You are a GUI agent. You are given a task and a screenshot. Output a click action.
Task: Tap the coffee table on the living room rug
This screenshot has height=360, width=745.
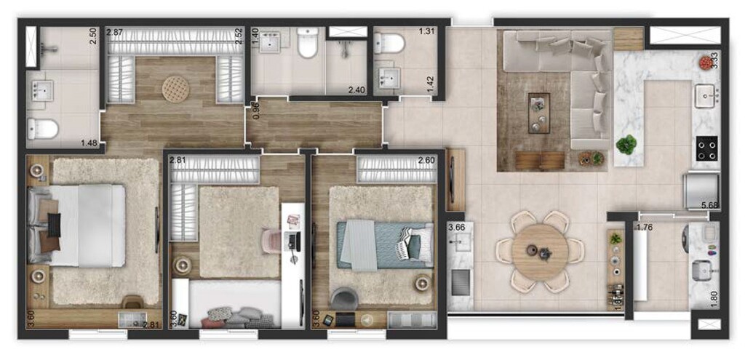tap(539, 113)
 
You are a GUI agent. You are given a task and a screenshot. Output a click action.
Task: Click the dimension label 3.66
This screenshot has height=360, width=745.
tap(456, 227)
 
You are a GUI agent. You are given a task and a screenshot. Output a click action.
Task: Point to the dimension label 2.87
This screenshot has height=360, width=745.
tap(115, 33)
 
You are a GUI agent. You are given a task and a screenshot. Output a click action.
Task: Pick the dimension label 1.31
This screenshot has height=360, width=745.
tap(426, 31)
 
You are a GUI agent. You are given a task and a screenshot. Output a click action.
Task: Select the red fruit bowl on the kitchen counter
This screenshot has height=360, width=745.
tap(705, 63)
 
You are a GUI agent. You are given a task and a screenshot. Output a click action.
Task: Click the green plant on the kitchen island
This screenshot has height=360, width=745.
tap(626, 144)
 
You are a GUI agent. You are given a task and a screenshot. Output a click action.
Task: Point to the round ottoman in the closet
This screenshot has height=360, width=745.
tap(175, 89)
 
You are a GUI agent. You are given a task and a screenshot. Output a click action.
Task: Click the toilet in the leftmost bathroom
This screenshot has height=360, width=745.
tap(43, 129)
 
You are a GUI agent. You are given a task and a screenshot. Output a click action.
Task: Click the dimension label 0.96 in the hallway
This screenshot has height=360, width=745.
tap(255, 111)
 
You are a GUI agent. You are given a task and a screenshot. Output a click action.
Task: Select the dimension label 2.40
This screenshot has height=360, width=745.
tap(356, 90)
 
